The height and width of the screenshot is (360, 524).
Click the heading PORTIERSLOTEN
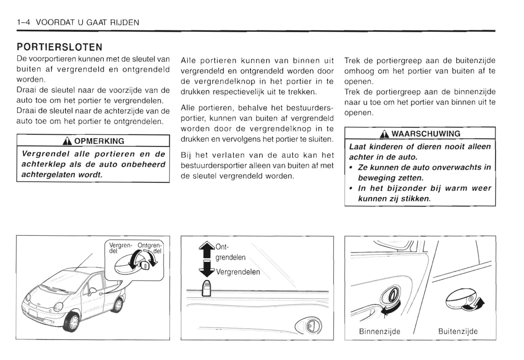(59, 47)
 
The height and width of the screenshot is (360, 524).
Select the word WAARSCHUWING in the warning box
(426, 134)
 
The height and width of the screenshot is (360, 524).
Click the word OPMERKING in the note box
(99, 141)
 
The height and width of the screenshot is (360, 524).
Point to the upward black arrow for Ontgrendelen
(207, 250)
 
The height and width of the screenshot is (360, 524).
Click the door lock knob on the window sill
(206, 288)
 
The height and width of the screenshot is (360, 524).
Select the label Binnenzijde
(379, 331)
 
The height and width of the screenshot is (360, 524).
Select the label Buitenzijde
(458, 331)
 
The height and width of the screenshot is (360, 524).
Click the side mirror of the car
(92, 292)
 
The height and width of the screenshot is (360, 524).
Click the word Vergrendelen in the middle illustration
(238, 272)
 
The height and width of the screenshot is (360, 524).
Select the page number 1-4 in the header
(24, 22)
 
